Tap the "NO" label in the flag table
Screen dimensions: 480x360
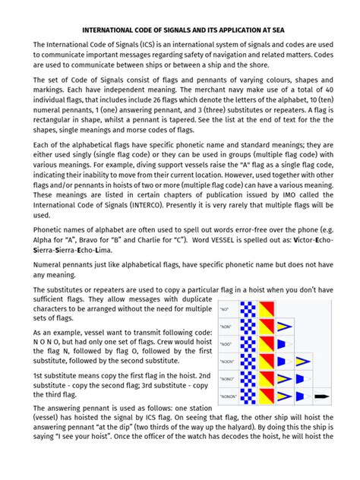(x=226, y=310)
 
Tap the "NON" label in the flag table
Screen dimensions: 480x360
(x=226, y=326)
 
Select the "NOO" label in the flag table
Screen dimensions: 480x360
(x=226, y=343)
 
